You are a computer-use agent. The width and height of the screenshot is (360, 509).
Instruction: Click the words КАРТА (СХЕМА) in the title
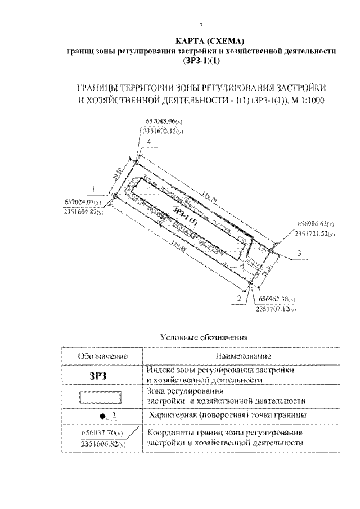point(201,42)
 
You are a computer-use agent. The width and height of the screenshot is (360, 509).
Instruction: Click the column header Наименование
point(243,357)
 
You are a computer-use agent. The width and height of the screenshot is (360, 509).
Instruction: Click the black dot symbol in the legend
point(102,417)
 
